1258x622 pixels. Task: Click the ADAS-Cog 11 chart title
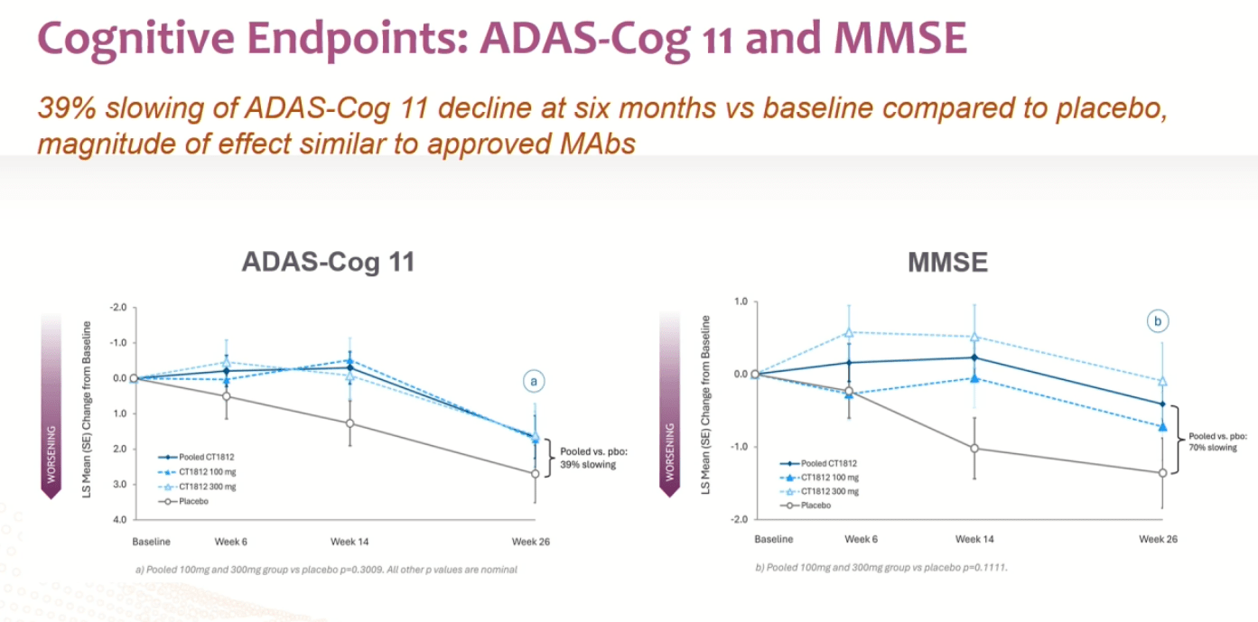(328, 262)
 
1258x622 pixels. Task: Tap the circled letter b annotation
(1157, 320)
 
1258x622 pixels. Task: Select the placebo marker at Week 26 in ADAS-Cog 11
(535, 473)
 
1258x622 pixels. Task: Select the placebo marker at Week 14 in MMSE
(974, 448)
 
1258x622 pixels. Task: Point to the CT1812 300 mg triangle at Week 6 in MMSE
(849, 332)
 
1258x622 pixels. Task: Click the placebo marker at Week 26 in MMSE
(1161, 473)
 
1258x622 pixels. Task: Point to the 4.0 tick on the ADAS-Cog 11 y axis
(118, 520)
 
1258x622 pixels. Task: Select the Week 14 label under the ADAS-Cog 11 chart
(349, 542)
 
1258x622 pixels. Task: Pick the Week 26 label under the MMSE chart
(1158, 539)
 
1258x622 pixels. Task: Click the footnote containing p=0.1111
(881, 568)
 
